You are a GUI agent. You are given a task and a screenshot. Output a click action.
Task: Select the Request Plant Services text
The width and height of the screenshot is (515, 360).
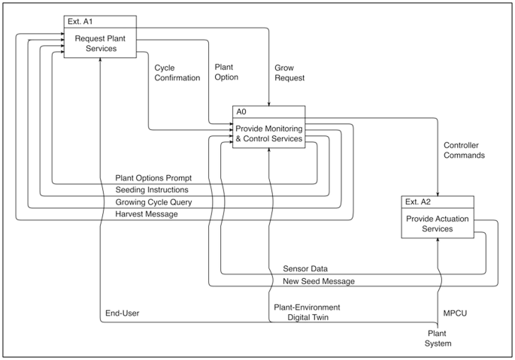pos(99,43)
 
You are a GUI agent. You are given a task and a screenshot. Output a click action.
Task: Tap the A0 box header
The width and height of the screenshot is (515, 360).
pos(268,111)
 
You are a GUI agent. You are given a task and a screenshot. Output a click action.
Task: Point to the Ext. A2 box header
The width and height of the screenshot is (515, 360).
pos(438,201)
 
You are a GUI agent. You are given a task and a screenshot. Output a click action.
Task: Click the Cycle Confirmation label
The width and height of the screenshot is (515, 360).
pos(177,72)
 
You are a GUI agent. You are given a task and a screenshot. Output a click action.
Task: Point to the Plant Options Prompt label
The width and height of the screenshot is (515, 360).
pos(153,178)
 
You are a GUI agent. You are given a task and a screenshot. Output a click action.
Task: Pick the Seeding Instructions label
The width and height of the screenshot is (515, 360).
pos(153,190)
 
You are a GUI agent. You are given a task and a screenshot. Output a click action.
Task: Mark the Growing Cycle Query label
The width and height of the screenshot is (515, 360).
pos(153,202)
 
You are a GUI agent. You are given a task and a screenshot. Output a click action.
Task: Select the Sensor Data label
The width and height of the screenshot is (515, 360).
pos(305,268)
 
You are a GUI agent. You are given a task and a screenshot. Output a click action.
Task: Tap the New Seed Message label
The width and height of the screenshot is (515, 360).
pos(320,280)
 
